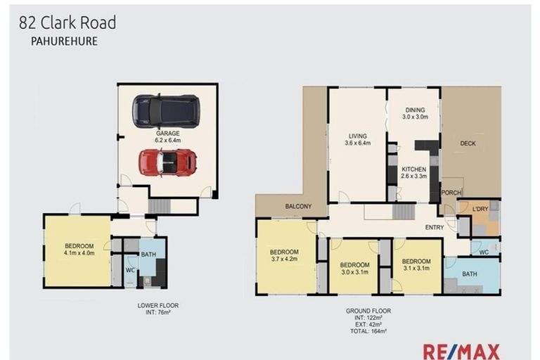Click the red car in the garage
click(167, 162)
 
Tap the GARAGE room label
click(167, 133)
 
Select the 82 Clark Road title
click(67, 22)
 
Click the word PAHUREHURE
click(63, 41)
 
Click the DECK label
click(468, 143)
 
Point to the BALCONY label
click(299, 207)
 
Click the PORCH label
click(450, 193)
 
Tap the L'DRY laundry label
click(480, 210)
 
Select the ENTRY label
click(434, 227)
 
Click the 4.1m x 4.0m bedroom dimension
click(79, 253)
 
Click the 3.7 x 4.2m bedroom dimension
click(285, 259)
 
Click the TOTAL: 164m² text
click(368, 330)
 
